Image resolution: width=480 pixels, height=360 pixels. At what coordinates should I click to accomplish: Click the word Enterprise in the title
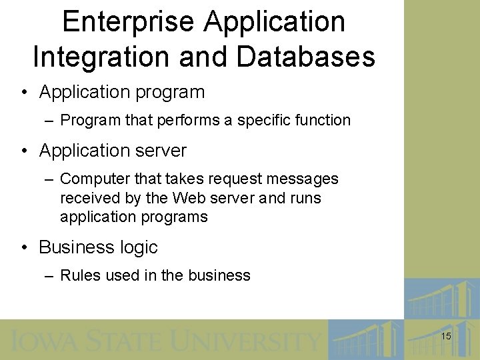point(129,21)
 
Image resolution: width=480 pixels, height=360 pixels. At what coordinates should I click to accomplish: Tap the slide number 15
point(446,337)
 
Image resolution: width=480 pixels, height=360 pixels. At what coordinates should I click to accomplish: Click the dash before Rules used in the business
point(50,275)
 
